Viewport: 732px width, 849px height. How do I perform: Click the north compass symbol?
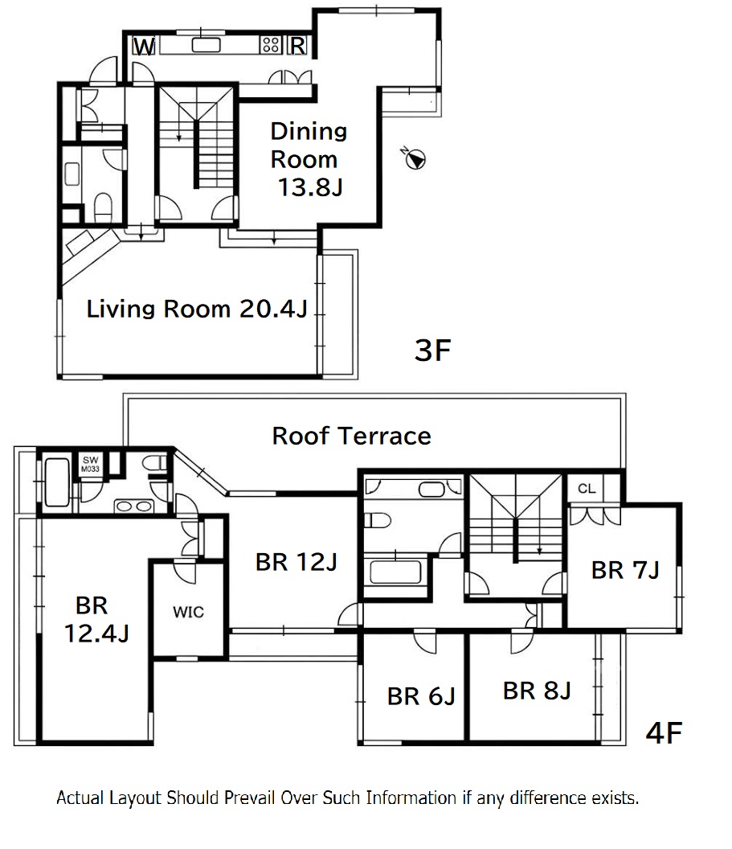click(415, 158)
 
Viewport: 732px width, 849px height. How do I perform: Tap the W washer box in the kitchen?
click(145, 46)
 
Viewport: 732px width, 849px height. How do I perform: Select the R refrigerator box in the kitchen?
click(296, 46)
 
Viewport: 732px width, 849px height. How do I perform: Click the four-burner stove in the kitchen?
click(271, 44)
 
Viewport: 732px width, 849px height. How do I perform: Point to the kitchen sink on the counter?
click(207, 45)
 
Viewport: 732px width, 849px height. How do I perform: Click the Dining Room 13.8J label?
click(309, 159)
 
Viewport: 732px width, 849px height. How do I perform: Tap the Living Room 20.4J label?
click(197, 309)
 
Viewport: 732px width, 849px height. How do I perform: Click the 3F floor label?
click(432, 350)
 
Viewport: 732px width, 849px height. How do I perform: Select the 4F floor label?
click(664, 732)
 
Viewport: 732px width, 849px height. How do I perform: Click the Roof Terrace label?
click(352, 436)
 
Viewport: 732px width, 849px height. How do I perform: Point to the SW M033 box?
click(90, 464)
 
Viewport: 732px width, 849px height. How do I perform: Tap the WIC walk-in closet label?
click(188, 612)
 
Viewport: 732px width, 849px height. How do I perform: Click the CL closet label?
click(587, 488)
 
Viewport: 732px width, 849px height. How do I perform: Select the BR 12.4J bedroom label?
click(96, 619)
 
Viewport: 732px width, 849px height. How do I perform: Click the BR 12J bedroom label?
click(296, 562)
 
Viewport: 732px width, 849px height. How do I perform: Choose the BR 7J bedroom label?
click(625, 570)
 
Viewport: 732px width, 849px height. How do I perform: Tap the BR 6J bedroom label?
click(422, 696)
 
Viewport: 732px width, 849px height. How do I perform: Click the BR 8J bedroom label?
click(538, 691)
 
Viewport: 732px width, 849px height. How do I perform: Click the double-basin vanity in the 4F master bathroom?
click(133, 507)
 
